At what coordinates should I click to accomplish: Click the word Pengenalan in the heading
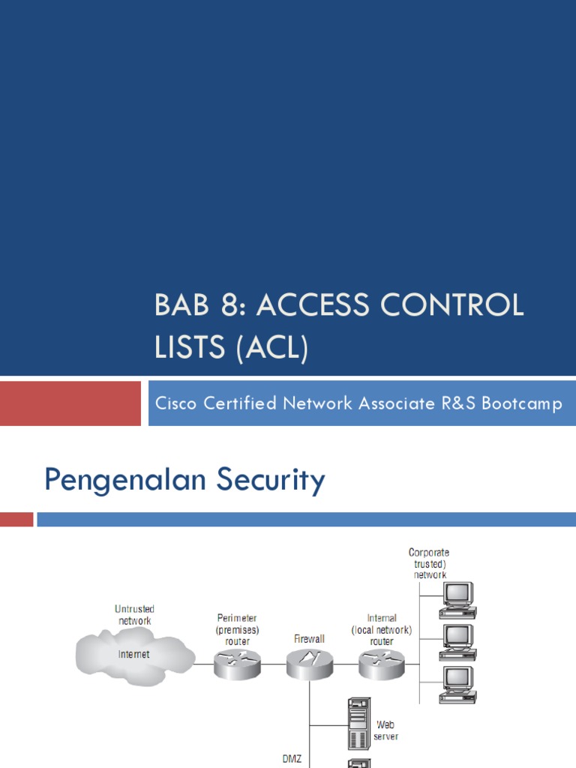tap(124, 480)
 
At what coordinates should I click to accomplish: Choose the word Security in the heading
tap(271, 481)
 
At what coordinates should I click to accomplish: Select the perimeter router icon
tap(235, 664)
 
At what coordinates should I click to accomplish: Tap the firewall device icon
tap(308, 664)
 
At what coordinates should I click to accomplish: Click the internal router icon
tap(381, 664)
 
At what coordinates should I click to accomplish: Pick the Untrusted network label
tap(134, 615)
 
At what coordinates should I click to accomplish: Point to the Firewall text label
tap(308, 639)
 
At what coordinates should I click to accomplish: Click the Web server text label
tap(386, 731)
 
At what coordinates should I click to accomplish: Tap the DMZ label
tap(292, 759)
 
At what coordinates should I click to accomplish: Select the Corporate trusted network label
tap(429, 563)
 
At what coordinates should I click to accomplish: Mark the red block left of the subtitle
tap(70, 403)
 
